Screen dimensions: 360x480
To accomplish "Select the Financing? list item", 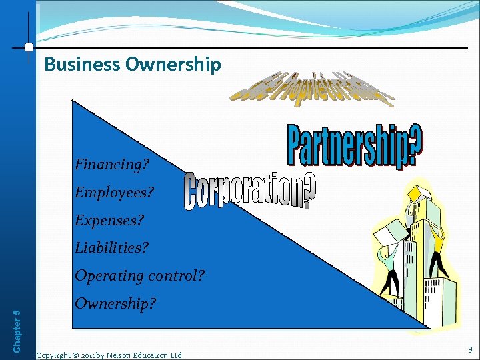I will click(x=111, y=164).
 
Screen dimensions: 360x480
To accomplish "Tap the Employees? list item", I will click(x=114, y=193).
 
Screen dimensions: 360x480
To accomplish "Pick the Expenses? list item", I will click(x=109, y=220).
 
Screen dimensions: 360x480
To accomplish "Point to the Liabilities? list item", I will click(x=111, y=247).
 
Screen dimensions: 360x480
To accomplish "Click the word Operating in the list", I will click(x=106, y=275).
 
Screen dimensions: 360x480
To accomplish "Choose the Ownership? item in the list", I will click(x=115, y=303).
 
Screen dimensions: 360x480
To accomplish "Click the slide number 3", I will click(x=470, y=349).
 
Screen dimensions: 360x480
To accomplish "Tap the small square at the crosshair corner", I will click(x=28, y=47).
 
